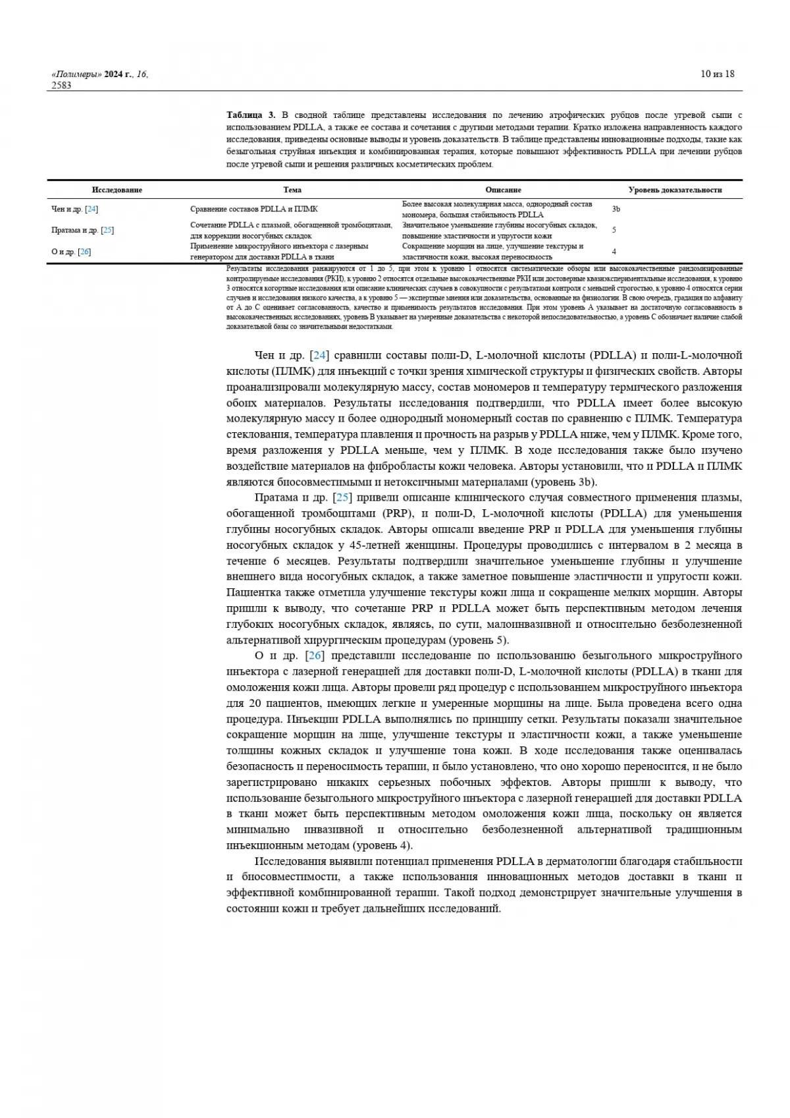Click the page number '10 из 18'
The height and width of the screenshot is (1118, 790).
point(717,74)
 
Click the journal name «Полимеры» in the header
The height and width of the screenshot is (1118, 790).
point(76,74)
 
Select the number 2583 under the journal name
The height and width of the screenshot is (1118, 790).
point(61,85)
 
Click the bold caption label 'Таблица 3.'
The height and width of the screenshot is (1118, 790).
point(251,115)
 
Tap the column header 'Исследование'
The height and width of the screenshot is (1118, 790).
point(117,190)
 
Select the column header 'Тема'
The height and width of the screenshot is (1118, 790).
point(292,190)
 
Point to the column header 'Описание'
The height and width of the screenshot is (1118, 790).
point(503,190)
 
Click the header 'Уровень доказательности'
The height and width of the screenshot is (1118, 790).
point(675,190)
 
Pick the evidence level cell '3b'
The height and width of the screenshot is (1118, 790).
point(616,209)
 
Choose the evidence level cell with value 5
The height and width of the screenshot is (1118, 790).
point(614,230)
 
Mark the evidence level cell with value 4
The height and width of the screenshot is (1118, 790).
point(614,252)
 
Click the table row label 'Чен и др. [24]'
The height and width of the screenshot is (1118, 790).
point(74,210)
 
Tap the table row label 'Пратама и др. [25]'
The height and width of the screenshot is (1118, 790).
point(82,231)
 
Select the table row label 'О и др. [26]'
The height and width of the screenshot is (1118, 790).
point(70,252)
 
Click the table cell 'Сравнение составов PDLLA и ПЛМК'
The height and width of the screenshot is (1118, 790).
point(253,210)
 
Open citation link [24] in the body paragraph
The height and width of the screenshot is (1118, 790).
point(319,356)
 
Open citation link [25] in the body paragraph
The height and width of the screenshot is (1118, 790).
point(342,497)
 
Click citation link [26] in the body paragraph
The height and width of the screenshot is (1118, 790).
point(315,656)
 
